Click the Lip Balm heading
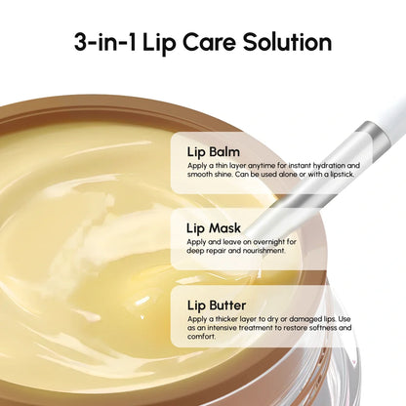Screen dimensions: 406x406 click(x=213, y=151)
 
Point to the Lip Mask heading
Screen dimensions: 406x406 click(x=214, y=227)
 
